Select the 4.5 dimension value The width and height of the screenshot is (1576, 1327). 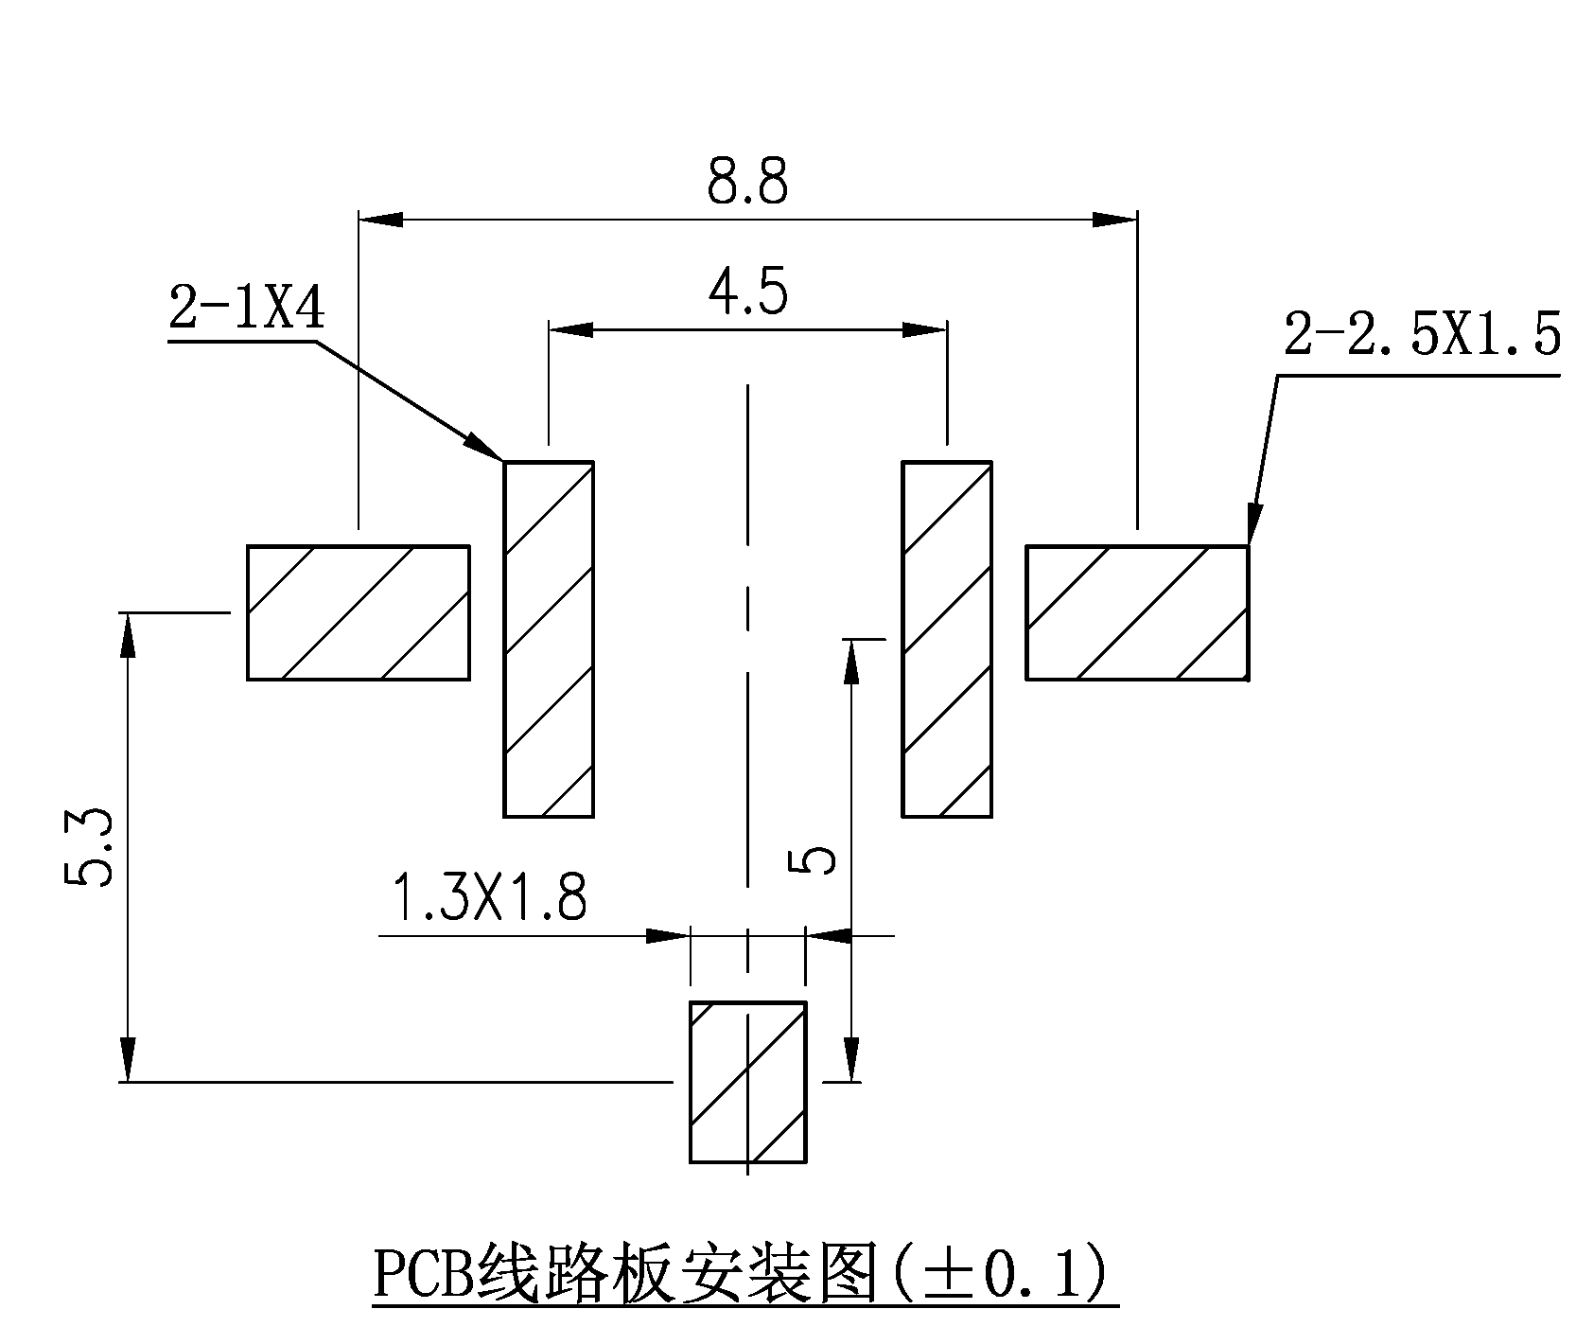coord(746,295)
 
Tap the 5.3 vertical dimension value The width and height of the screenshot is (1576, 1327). coord(90,846)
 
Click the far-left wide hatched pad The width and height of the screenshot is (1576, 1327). coord(358,612)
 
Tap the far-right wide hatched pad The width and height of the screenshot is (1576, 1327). coord(1137,612)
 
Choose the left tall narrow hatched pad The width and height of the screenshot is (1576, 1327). coord(549,639)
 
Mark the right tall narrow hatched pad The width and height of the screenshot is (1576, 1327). coord(947,639)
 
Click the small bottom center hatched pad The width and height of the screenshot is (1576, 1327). coord(747,1081)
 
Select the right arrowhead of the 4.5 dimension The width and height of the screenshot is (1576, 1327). coord(925,330)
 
